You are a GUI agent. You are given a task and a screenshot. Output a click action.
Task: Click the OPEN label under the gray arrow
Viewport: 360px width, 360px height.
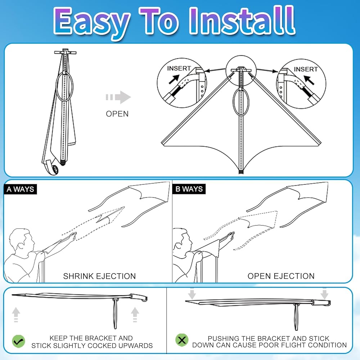[x=117, y=114]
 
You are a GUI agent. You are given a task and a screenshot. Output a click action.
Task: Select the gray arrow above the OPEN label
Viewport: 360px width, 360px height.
[x=118, y=97]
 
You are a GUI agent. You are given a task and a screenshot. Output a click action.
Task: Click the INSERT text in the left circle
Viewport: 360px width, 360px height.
[x=179, y=68]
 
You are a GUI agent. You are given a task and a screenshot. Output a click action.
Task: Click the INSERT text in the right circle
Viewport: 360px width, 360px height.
[x=306, y=69]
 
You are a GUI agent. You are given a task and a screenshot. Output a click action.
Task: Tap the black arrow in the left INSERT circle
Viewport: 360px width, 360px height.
[x=174, y=79]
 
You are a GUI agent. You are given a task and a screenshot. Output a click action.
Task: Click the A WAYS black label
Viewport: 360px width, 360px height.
[x=20, y=189]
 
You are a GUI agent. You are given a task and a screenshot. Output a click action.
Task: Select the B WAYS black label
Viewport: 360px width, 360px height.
[x=189, y=189]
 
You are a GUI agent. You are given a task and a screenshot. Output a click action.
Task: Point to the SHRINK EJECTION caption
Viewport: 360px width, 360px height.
[x=99, y=276]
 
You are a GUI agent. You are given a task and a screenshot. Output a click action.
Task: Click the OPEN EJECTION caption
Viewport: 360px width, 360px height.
[x=281, y=276]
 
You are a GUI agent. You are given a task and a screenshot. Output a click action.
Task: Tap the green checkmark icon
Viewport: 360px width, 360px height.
[x=18, y=341]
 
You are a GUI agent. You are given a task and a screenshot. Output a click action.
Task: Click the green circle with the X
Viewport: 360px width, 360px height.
[x=182, y=340]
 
